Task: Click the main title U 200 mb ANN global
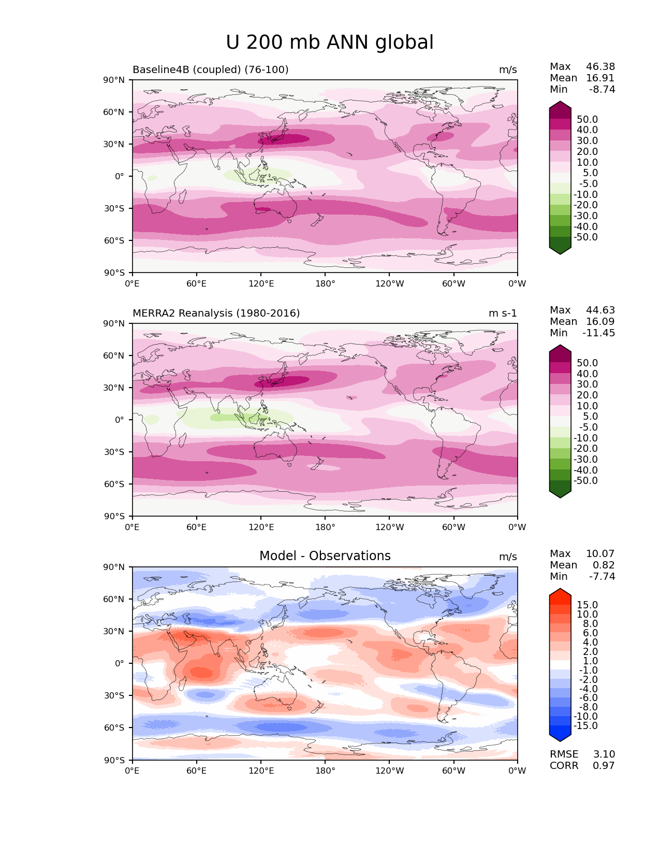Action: click(330, 42)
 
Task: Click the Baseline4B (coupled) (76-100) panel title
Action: click(210, 70)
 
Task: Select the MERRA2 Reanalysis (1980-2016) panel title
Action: click(216, 313)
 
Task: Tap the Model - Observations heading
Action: click(325, 556)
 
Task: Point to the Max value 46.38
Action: click(600, 67)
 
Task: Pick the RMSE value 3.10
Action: click(604, 754)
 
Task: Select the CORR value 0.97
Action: click(604, 766)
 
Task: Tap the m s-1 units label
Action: click(503, 313)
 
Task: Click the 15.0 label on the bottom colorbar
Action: click(587, 605)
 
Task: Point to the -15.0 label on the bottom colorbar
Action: click(585, 726)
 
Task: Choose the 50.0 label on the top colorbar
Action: click(587, 120)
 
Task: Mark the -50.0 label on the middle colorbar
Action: click(585, 481)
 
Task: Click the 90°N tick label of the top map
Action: click(114, 80)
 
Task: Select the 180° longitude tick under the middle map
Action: click(325, 528)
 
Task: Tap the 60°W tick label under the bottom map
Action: click(453, 771)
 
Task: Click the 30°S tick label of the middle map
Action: click(114, 452)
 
